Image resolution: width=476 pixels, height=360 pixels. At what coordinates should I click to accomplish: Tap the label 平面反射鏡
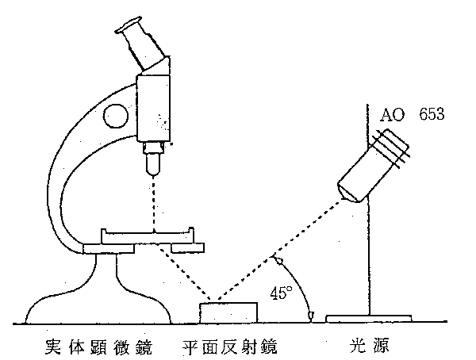point(230,347)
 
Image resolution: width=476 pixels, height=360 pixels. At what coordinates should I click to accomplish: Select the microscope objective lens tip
point(152,165)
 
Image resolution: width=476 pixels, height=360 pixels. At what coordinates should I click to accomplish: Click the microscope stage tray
point(148,236)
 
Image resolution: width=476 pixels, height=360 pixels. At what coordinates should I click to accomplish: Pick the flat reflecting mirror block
point(229,312)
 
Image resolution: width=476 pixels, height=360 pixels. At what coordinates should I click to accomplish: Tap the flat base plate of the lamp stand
point(369,319)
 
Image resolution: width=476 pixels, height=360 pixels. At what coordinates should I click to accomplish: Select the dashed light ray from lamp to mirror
point(286,246)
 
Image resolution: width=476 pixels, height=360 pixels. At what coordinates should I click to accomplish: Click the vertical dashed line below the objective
point(152,202)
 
